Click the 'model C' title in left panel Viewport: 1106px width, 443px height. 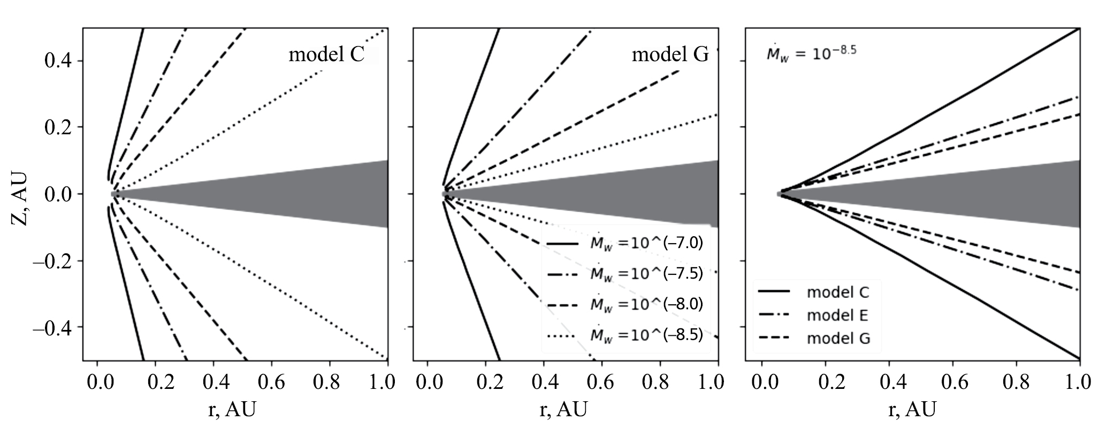point(326,55)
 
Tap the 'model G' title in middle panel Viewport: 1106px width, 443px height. point(670,55)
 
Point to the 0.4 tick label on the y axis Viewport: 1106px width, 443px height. point(58,61)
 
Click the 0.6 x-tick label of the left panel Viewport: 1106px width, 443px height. point(271,382)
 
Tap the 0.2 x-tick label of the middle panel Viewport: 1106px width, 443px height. point(485,382)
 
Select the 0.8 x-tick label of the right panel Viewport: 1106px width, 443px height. point(1016,382)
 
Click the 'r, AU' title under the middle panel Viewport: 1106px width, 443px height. point(563,410)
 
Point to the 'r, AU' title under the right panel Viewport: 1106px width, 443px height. point(912,410)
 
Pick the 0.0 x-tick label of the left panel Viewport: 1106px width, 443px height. point(97,382)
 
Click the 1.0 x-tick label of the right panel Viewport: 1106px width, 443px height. point(1079,382)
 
